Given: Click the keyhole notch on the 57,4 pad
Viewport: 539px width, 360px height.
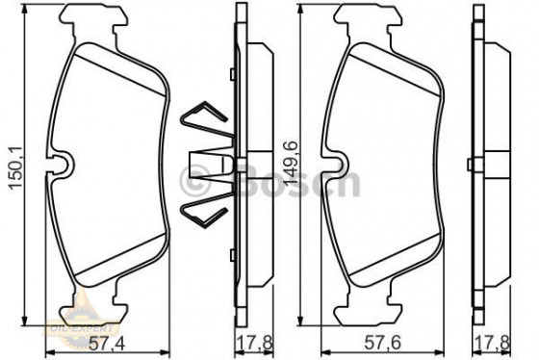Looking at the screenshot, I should click(x=61, y=166).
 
